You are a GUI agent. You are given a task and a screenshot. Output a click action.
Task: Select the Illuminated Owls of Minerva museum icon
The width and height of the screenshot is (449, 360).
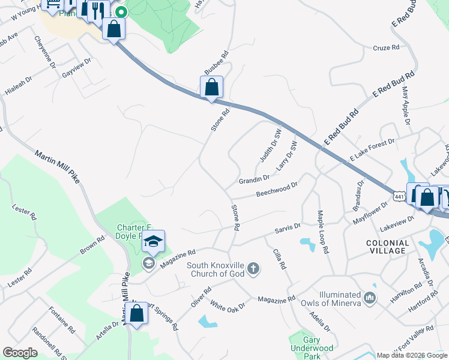[x=370, y=296]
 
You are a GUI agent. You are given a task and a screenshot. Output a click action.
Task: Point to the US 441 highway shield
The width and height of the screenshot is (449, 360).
[x=399, y=196]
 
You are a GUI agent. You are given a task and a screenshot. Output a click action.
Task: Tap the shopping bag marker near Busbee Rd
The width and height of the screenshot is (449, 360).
[x=211, y=88]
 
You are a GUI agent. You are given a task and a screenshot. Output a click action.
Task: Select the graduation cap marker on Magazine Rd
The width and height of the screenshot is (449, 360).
[x=153, y=242]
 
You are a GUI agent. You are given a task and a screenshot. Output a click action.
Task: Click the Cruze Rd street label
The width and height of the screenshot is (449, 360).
[x=386, y=48]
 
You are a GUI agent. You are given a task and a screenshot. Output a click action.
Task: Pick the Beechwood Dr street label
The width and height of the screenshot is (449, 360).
[x=277, y=189]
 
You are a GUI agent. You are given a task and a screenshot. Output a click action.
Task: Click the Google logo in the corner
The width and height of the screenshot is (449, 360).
[x=20, y=352]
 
